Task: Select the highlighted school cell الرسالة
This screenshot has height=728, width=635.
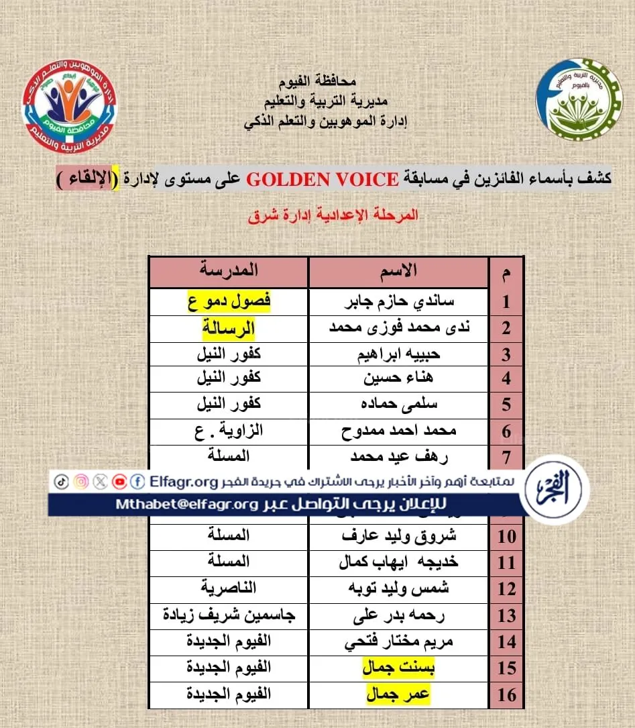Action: coord(229,328)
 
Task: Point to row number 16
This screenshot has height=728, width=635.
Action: coord(507,694)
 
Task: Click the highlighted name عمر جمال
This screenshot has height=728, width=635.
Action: coord(398,694)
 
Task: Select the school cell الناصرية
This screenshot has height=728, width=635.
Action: coord(229,588)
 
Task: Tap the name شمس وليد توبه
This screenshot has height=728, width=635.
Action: coord(398,588)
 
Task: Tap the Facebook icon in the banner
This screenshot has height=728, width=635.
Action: coord(138,481)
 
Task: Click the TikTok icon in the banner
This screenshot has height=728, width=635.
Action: coord(61,481)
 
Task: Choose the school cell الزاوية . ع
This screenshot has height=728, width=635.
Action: coord(229,430)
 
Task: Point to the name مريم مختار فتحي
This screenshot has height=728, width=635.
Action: coord(398,641)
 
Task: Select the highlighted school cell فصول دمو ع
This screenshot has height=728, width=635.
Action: coord(229,301)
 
